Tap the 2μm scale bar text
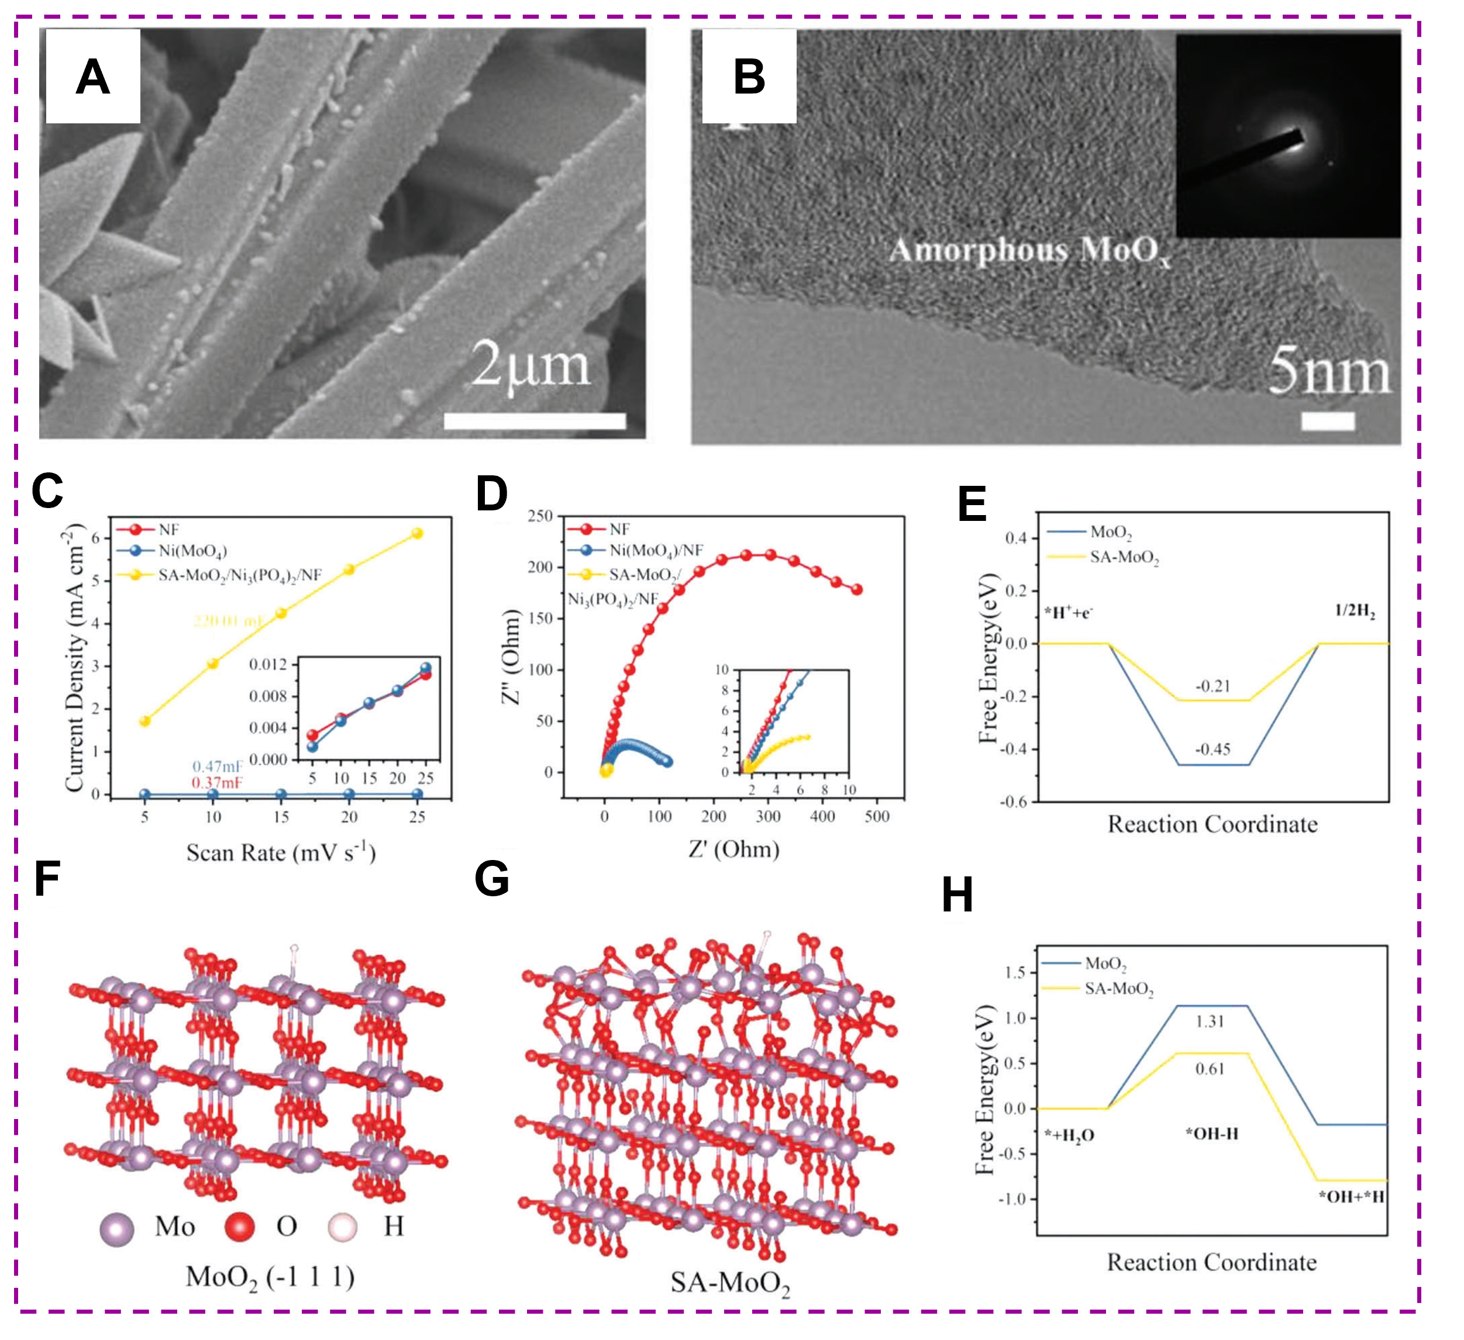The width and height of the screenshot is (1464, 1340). coord(530,367)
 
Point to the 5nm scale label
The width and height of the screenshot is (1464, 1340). coord(1328,373)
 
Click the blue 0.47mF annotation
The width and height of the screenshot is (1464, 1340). coord(218,766)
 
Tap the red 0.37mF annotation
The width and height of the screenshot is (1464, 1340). coord(217,782)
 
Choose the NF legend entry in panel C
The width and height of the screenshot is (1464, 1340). coord(168,530)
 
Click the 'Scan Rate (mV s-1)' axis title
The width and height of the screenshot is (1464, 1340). coord(281,852)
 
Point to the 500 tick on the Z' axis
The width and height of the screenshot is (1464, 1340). coord(877,816)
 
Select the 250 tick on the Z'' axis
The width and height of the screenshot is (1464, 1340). coord(540,516)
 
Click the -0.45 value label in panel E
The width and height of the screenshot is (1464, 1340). coord(1212,749)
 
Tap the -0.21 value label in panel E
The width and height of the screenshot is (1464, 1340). coord(1212,686)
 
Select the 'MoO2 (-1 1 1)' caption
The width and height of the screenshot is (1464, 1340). coord(270,1277)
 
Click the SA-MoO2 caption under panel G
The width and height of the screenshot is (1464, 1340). coord(730,1283)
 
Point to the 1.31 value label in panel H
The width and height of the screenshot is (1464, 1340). coord(1210,1021)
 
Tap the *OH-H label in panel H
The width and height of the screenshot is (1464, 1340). coord(1211,1133)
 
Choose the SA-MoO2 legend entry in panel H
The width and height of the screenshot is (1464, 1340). coord(1119,989)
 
